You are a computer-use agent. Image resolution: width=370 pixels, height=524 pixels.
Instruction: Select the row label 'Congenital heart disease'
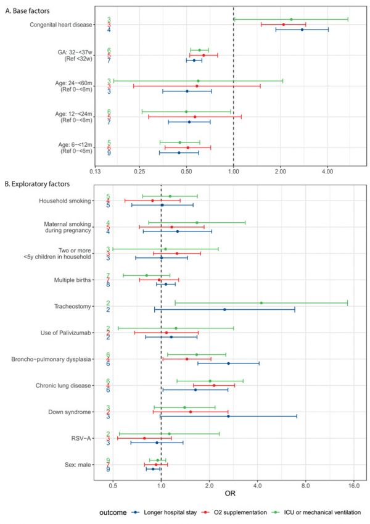coord(60,25)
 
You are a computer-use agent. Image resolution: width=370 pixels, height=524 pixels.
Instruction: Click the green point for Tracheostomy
coord(261,303)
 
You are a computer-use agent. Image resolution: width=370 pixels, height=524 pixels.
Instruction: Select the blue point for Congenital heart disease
coord(302,30)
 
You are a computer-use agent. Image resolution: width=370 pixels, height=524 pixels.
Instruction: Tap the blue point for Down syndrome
coord(228,417)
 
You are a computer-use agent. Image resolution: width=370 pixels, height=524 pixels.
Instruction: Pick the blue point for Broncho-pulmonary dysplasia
coord(228,364)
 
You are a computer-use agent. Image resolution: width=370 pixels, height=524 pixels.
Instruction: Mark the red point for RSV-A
coord(144,438)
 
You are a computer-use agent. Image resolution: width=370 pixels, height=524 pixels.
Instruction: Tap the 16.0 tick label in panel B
coord(353,485)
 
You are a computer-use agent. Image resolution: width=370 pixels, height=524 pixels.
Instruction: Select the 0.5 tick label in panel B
coord(113,485)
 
